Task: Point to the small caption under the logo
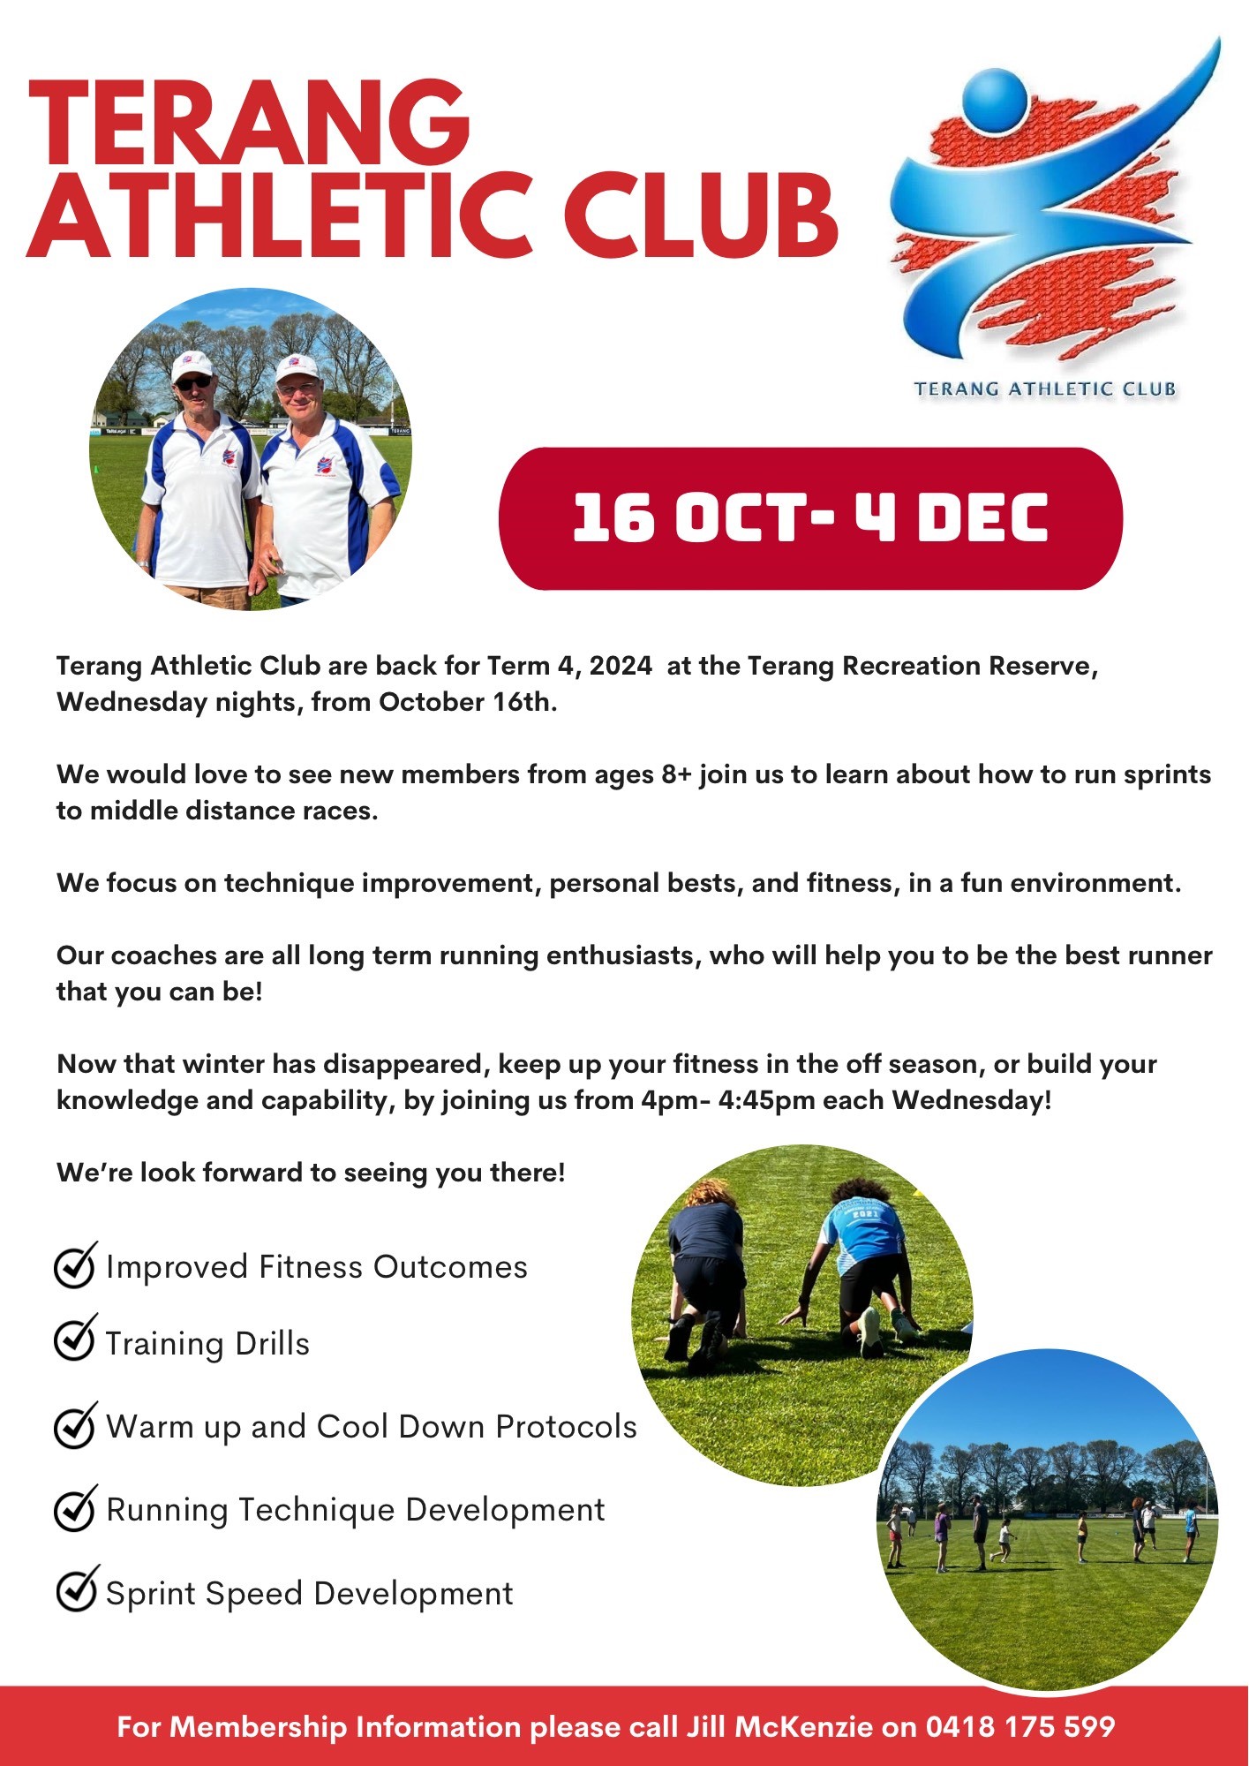[x=1044, y=389]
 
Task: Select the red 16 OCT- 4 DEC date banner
[x=809, y=518]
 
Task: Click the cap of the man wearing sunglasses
[x=192, y=364]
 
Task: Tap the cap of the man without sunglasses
[x=296, y=367]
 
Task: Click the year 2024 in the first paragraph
[x=621, y=666]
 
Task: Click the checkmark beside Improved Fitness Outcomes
[x=75, y=1266]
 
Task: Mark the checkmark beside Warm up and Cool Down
[x=75, y=1425]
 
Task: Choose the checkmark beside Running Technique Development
[x=75, y=1508]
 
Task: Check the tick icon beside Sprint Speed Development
[x=76, y=1589]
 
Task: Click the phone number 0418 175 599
[x=1020, y=1727]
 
